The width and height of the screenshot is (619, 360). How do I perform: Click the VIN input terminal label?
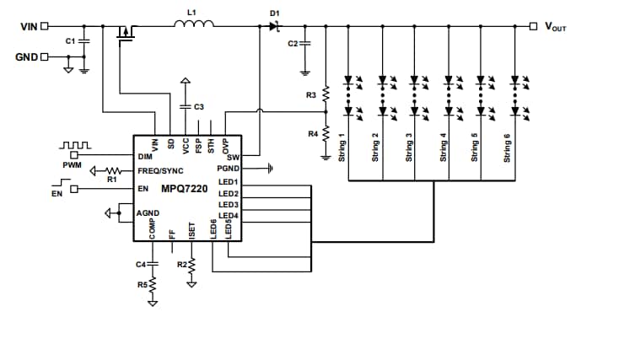[x=28, y=26]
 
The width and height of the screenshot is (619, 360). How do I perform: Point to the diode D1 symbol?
[x=274, y=27]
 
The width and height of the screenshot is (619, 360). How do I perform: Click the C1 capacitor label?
[x=70, y=40]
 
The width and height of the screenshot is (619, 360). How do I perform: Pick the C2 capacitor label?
[x=293, y=43]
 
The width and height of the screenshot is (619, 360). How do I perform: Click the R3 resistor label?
[x=311, y=96]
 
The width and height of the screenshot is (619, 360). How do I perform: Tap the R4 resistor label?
[x=311, y=133]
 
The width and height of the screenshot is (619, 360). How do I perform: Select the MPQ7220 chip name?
[x=185, y=189]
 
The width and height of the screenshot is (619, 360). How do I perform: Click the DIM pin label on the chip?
[x=144, y=157]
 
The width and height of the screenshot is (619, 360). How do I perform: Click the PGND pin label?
[x=229, y=169]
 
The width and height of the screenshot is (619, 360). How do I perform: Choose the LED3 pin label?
[x=229, y=205]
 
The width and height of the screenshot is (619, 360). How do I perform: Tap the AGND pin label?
[x=148, y=213]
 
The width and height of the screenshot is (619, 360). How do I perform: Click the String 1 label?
[x=342, y=147]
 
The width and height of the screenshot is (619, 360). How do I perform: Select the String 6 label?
[x=507, y=147]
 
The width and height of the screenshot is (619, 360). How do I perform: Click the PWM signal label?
[x=72, y=165]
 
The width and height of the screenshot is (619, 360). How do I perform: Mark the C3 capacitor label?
[x=198, y=107]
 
